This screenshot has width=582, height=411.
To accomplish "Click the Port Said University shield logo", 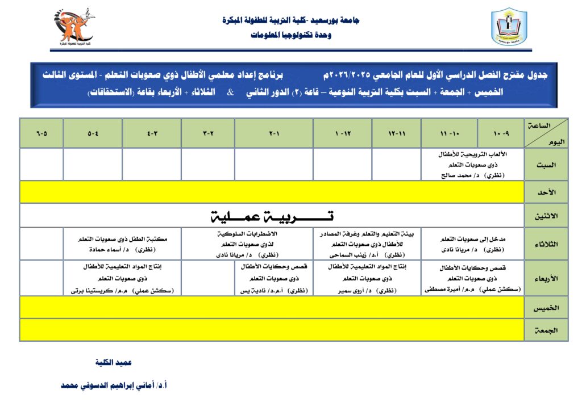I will pyautogui.click(x=509, y=27).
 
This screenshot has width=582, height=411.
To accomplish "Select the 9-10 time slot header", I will pyautogui.click(x=500, y=133).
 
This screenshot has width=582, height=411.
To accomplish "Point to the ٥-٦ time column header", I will pyautogui.click(x=41, y=133).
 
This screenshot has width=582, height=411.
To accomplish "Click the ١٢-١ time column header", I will pyautogui.click(x=342, y=133).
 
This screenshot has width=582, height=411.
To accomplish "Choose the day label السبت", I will pyautogui.click(x=546, y=165).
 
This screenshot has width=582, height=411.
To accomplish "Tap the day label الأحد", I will pyautogui.click(x=546, y=192).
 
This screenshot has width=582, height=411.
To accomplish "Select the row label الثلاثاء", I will pyautogui.click(x=546, y=244).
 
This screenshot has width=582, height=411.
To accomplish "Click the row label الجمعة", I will pyautogui.click(x=546, y=330).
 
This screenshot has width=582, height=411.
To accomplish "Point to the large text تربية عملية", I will pyautogui.click(x=272, y=216).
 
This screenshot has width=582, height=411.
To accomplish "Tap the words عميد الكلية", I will pyautogui.click(x=114, y=362).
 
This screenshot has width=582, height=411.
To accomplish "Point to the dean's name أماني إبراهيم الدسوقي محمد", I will pyautogui.click(x=114, y=385).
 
